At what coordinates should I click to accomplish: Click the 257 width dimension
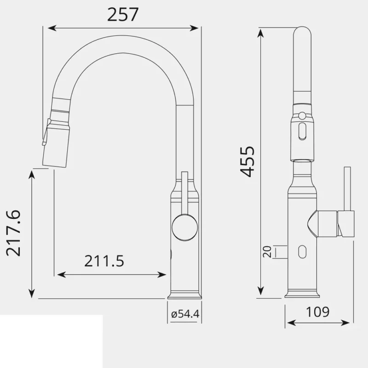[x=122, y=15]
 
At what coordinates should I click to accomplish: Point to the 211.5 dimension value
[x=104, y=261]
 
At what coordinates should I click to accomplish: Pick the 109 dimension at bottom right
[x=317, y=312]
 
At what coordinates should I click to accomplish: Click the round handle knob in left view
[x=184, y=226]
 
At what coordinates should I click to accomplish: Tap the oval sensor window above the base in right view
[x=302, y=252]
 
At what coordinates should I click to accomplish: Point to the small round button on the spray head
[x=302, y=115]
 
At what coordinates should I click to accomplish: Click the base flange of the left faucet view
[x=184, y=294]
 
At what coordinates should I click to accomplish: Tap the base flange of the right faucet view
[x=302, y=293]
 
